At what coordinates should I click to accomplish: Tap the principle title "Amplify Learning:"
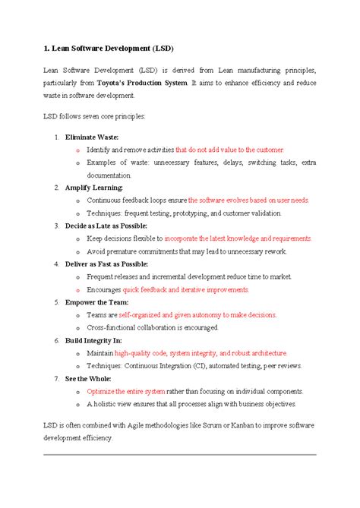[93, 187]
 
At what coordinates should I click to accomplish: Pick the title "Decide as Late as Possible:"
[106, 226]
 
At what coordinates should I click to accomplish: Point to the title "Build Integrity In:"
[93, 340]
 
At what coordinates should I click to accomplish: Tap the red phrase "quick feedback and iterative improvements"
[186, 289]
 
